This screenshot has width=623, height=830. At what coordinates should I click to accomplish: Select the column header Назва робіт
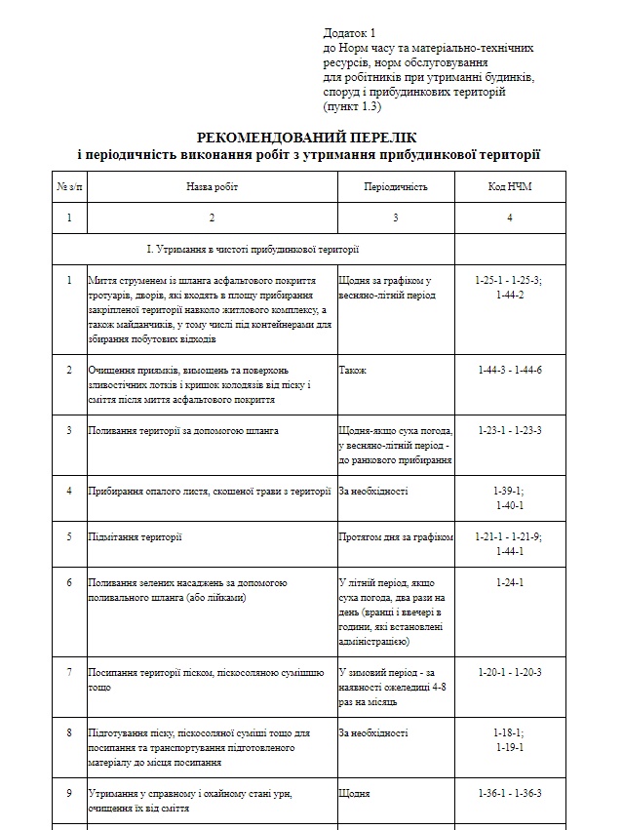212,186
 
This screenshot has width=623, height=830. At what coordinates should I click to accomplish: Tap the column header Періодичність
395,186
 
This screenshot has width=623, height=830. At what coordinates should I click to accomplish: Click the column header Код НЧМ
509,186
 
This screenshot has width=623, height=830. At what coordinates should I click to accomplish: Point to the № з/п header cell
69,186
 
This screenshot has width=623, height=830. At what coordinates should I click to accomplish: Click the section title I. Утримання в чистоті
253,249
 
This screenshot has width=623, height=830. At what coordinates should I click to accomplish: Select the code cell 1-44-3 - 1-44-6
509,371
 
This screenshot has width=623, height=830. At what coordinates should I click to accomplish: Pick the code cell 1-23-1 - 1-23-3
509,430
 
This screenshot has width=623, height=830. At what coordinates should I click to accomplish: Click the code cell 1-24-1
509,582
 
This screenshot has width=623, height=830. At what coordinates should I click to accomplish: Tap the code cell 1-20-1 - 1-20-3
509,672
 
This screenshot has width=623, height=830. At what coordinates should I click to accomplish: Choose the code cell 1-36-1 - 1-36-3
509,793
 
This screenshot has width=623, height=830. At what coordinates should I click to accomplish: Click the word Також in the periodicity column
353,371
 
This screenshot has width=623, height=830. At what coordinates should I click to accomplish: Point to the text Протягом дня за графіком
396,536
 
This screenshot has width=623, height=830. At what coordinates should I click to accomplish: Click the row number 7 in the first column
69,672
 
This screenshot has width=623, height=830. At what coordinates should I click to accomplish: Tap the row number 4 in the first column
69,491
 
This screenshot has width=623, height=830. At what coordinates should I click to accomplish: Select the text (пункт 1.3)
352,105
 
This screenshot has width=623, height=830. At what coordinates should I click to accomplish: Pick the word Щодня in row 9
354,793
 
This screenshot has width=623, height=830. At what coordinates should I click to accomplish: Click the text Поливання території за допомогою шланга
183,430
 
